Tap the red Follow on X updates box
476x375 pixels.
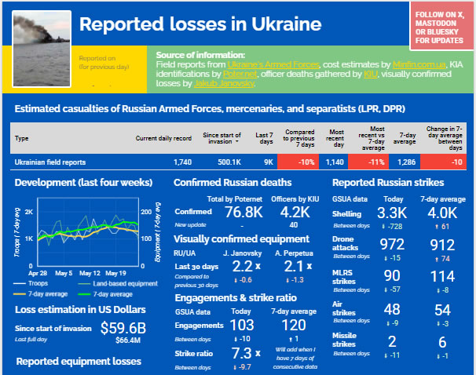[440, 26]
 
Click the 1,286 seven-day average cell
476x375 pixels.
[405, 162]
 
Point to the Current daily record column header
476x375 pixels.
[163, 138]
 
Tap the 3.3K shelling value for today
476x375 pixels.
[390, 213]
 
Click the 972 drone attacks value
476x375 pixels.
[390, 244]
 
